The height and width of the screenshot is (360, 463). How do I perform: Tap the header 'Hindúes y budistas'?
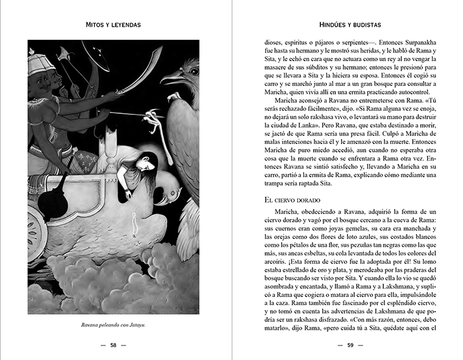[349, 25]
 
